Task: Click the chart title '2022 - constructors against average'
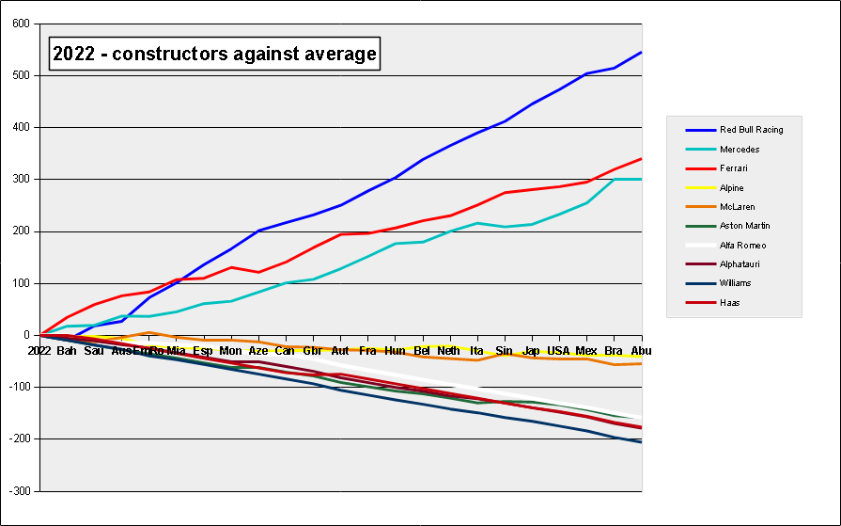coord(215,55)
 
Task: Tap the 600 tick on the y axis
coord(22,24)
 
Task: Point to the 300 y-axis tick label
coord(22,180)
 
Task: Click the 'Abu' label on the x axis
coord(641,351)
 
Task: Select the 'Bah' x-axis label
coord(67,351)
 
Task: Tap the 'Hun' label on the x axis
coord(395,351)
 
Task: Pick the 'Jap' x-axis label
coord(531,351)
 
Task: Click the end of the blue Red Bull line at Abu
coord(641,52)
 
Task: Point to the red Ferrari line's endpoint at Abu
coord(641,159)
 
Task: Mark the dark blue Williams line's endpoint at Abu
coord(641,442)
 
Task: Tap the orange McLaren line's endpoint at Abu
coord(641,363)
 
